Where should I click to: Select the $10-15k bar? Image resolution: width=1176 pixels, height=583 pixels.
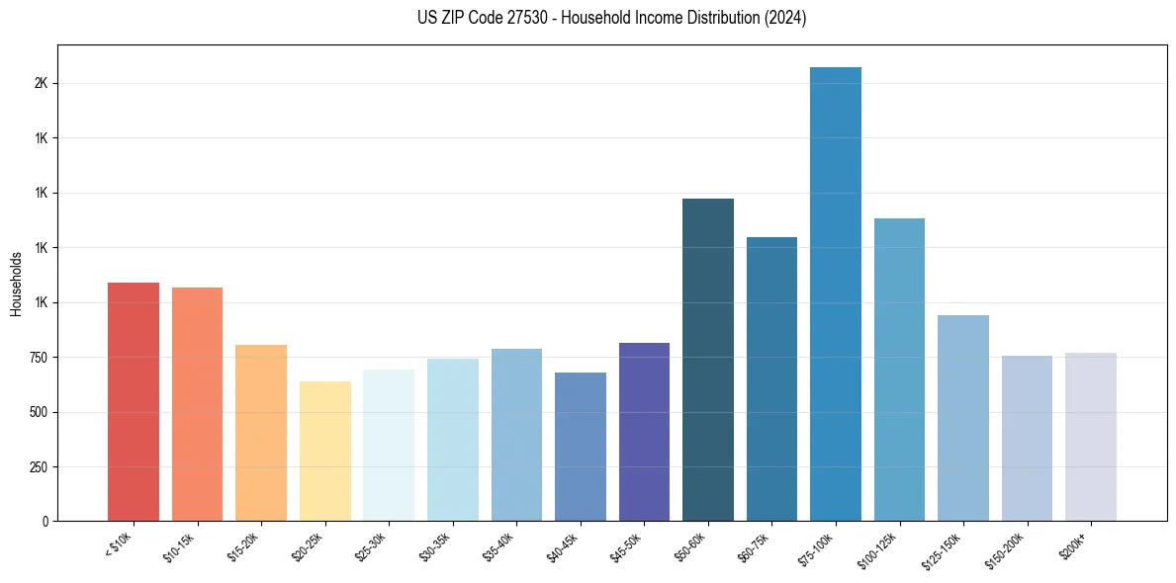197,404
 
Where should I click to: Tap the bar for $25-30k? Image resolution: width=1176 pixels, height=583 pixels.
389,445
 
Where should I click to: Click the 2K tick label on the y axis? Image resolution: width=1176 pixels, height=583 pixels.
41,84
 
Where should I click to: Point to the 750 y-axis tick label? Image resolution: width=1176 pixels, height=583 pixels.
39,358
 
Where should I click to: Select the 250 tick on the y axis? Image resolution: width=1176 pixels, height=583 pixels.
39,466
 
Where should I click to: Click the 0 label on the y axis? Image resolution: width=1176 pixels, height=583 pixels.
45,521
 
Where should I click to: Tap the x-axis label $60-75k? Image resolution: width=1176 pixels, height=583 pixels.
757,545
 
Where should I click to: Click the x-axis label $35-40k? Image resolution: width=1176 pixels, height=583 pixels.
501,545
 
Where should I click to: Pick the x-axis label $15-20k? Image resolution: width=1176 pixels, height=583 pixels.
246,545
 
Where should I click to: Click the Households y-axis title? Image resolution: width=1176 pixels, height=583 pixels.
16,284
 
